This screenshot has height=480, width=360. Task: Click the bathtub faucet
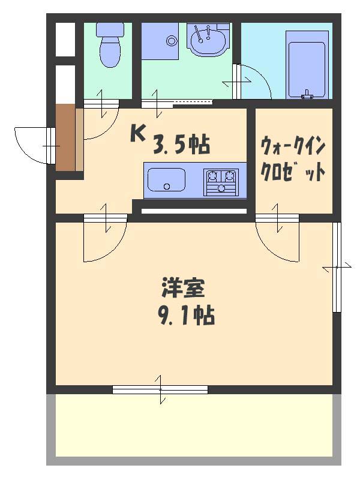(307, 95)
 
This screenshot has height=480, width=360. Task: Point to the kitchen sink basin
(167, 179)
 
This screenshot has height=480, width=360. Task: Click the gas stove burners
(221, 182)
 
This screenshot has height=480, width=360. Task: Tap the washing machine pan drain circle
(172, 40)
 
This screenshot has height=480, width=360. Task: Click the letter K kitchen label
(137, 134)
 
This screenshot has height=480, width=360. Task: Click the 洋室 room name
(183, 287)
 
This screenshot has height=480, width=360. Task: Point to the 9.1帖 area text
(186, 314)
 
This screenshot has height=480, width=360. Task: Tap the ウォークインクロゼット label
(293, 159)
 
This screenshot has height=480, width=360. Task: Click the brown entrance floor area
(65, 137)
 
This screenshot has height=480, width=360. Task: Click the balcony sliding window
(160, 389)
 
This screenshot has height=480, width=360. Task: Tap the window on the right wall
(337, 267)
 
